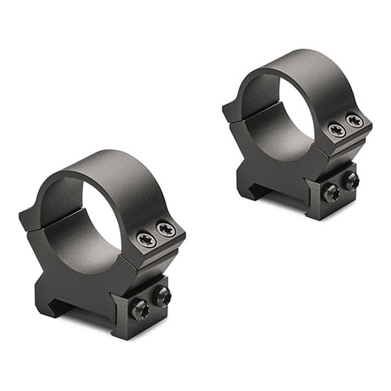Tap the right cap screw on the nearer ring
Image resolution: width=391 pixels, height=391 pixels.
[165, 228]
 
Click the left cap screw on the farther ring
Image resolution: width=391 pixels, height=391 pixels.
[337, 130]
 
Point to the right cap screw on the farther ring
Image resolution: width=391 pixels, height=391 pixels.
[354, 121]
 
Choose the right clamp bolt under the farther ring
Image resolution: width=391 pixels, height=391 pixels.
[351, 181]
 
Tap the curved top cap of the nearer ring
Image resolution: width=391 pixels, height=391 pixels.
[117, 168]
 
